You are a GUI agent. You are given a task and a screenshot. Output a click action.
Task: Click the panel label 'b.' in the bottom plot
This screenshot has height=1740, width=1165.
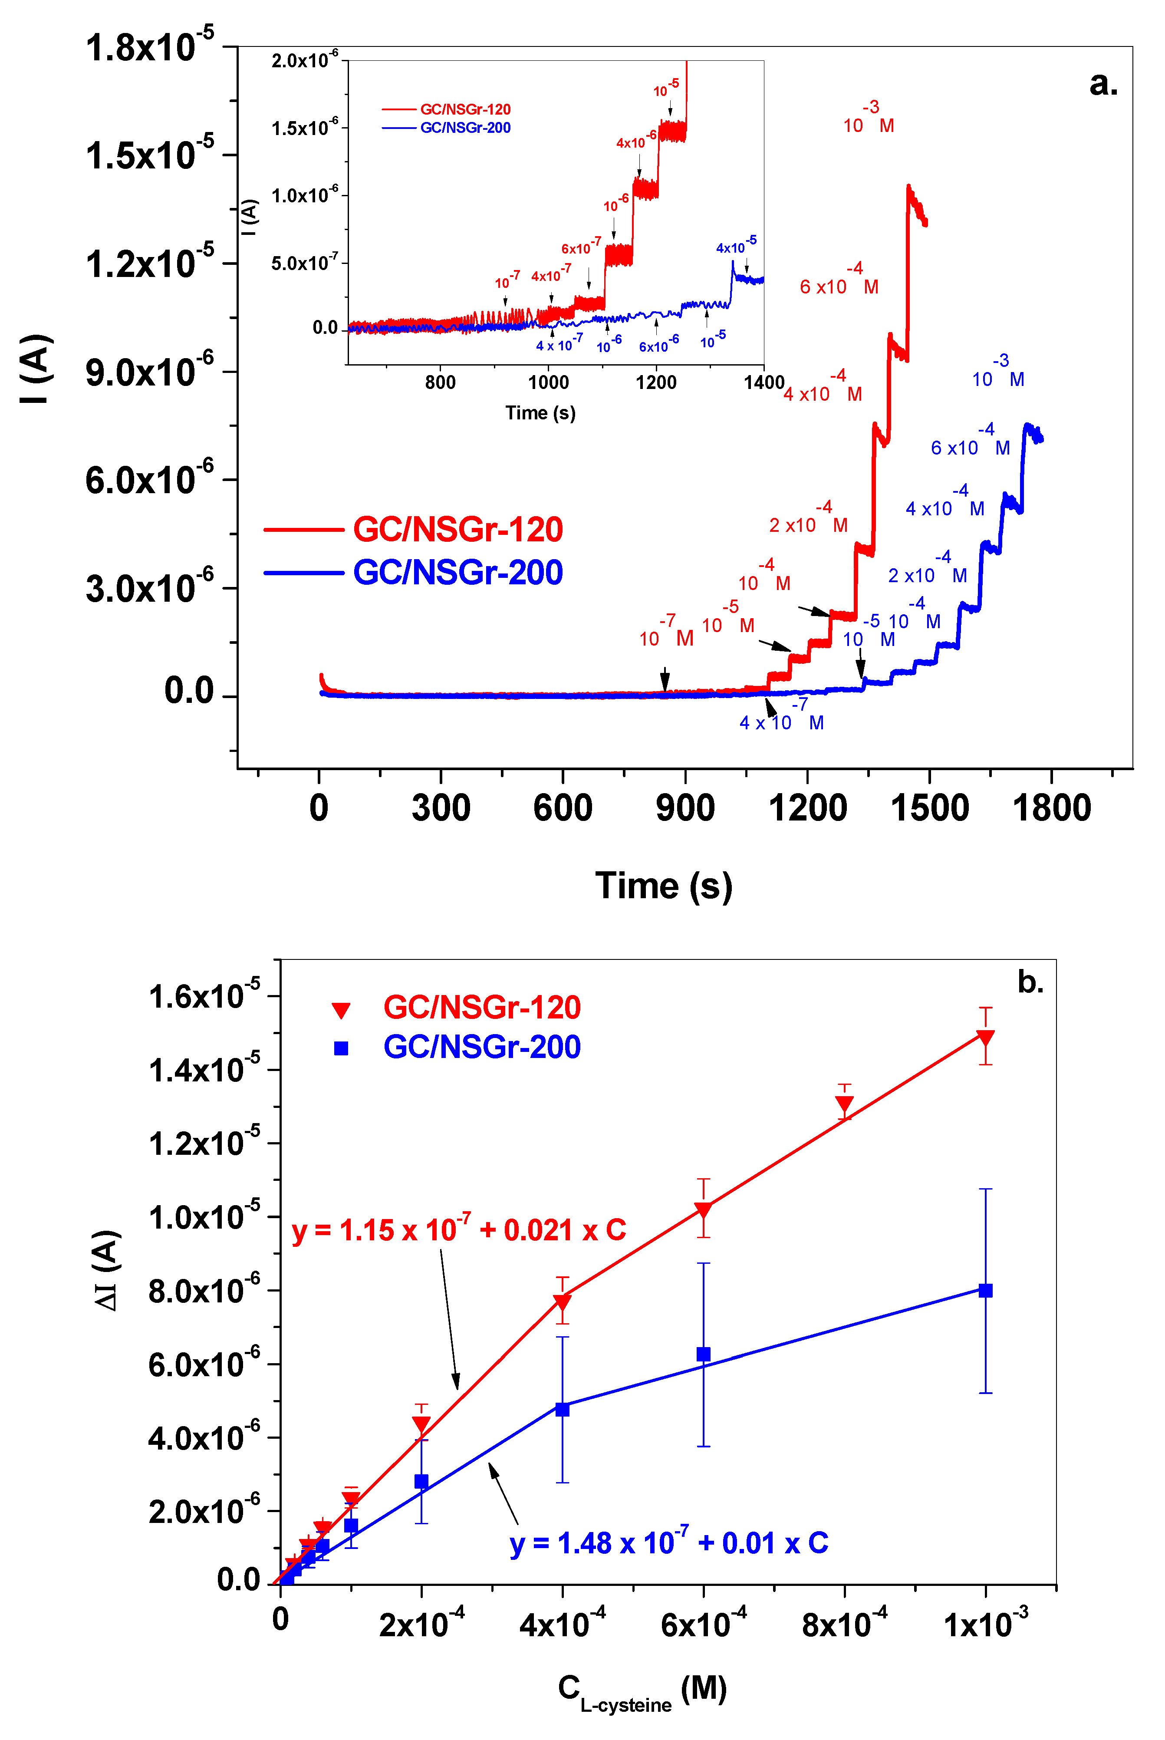tap(1030, 982)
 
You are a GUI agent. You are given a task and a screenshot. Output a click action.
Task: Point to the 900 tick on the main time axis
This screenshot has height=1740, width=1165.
tap(685, 807)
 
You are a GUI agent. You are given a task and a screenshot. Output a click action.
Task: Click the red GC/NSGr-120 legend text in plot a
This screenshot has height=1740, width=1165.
tap(457, 529)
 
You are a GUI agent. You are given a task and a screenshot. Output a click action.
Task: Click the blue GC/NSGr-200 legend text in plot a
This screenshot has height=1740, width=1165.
tap(457, 572)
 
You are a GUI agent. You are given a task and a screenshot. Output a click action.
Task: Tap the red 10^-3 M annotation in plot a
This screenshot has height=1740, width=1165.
tap(868, 119)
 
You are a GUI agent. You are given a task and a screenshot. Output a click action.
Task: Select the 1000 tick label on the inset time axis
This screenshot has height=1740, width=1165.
tap(548, 382)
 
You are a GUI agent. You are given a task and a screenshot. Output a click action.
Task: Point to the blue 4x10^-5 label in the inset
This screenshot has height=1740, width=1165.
tap(736, 246)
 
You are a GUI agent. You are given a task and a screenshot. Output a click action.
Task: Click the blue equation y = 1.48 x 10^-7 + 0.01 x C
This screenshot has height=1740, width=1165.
tap(669, 1543)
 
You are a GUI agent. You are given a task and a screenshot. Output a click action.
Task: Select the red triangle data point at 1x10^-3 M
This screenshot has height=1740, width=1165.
tap(985, 1038)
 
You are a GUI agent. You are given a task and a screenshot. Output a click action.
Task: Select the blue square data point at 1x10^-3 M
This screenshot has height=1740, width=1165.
tap(985, 1291)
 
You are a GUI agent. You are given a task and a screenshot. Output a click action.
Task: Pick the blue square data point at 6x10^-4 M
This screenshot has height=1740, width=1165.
tap(703, 1354)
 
